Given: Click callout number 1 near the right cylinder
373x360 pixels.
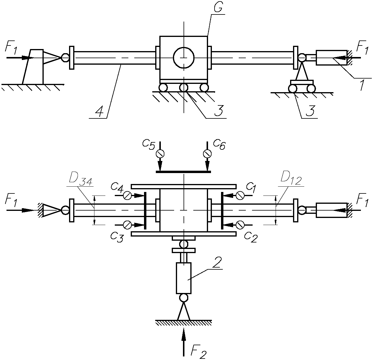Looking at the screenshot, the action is (x=362, y=85).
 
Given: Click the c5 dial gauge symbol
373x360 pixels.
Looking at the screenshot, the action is (x=160, y=154).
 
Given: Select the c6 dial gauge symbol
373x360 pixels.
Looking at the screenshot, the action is (x=207, y=154).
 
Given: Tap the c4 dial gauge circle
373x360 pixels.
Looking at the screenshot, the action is (x=127, y=196).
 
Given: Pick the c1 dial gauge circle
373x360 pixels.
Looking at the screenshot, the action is (x=240, y=196).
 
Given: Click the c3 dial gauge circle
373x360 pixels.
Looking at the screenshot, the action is (x=127, y=225).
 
